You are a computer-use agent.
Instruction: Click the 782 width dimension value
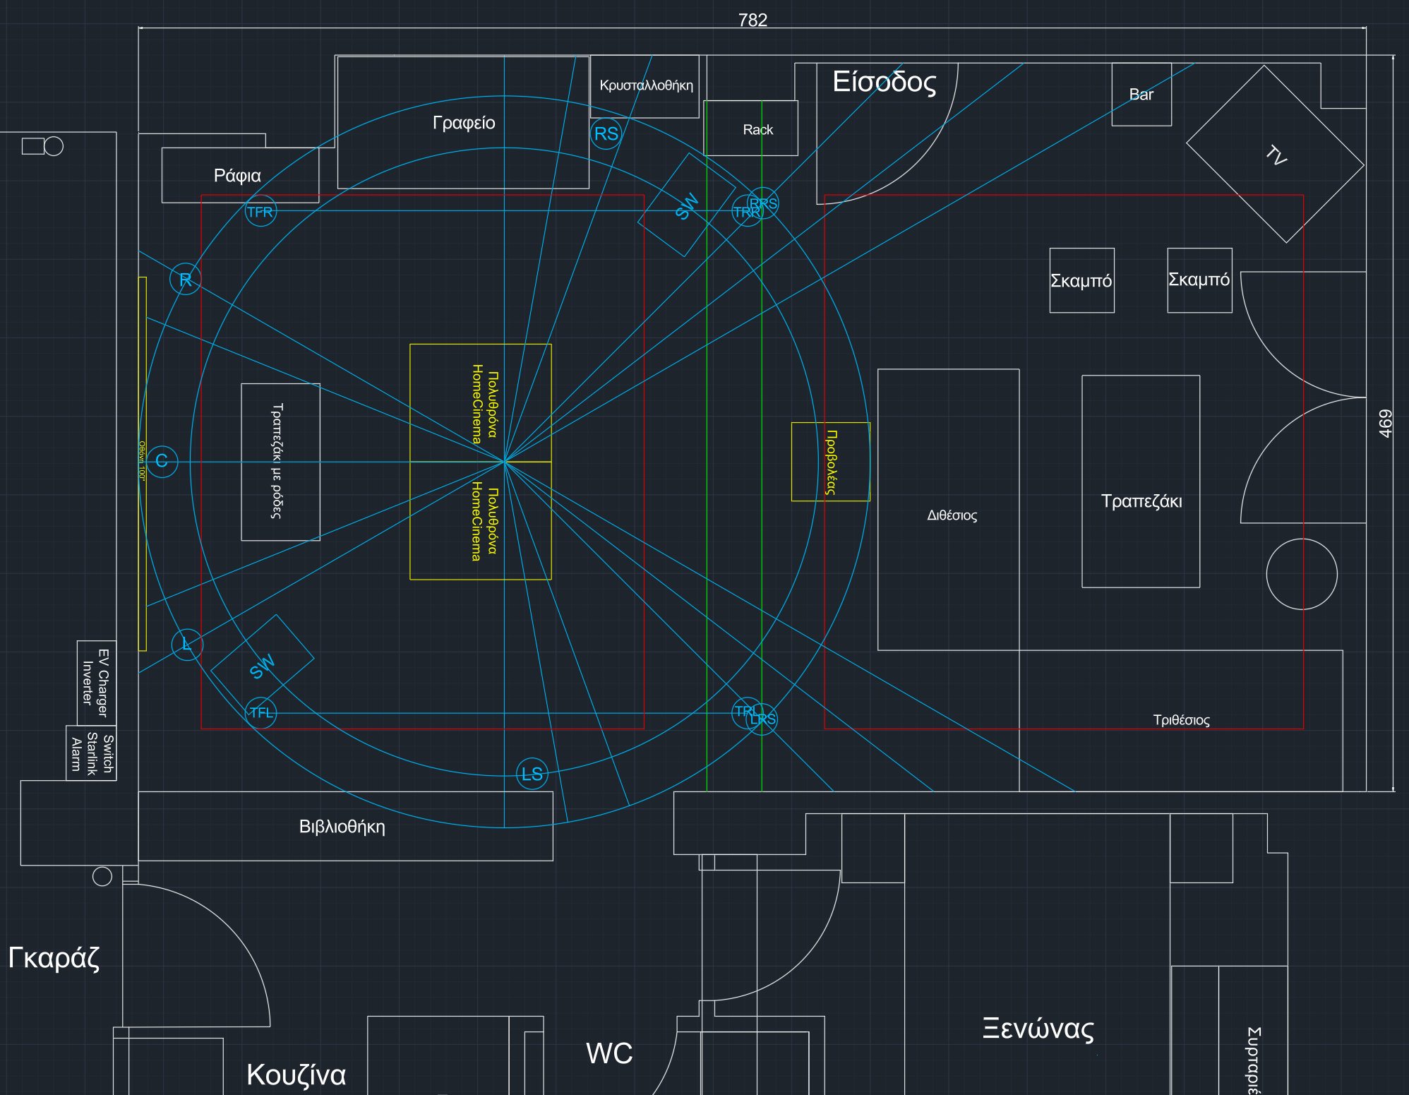(x=753, y=20)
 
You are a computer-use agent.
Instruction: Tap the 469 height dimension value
(x=1385, y=424)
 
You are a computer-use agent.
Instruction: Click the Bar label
(x=1141, y=95)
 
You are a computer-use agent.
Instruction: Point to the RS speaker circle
(x=606, y=133)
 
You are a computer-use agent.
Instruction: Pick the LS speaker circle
(x=532, y=774)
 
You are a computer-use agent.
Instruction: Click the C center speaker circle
(x=162, y=462)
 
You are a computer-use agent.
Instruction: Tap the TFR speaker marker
(x=260, y=212)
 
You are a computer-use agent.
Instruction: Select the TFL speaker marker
(x=260, y=712)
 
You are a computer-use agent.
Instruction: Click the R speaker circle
(x=186, y=280)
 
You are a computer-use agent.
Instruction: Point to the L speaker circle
(x=187, y=645)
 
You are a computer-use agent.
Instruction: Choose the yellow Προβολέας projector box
(x=831, y=462)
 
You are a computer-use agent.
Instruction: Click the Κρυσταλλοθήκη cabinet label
(x=646, y=85)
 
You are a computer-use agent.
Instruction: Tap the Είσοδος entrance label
(x=884, y=82)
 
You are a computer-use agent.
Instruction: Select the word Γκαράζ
(x=54, y=957)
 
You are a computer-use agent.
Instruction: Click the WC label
(x=609, y=1053)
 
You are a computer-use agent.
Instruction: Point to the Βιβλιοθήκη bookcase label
(x=342, y=827)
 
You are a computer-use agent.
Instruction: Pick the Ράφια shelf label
(x=237, y=175)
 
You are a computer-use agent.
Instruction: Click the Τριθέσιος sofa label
(x=1181, y=720)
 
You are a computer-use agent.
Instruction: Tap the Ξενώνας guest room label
(x=1038, y=1029)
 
